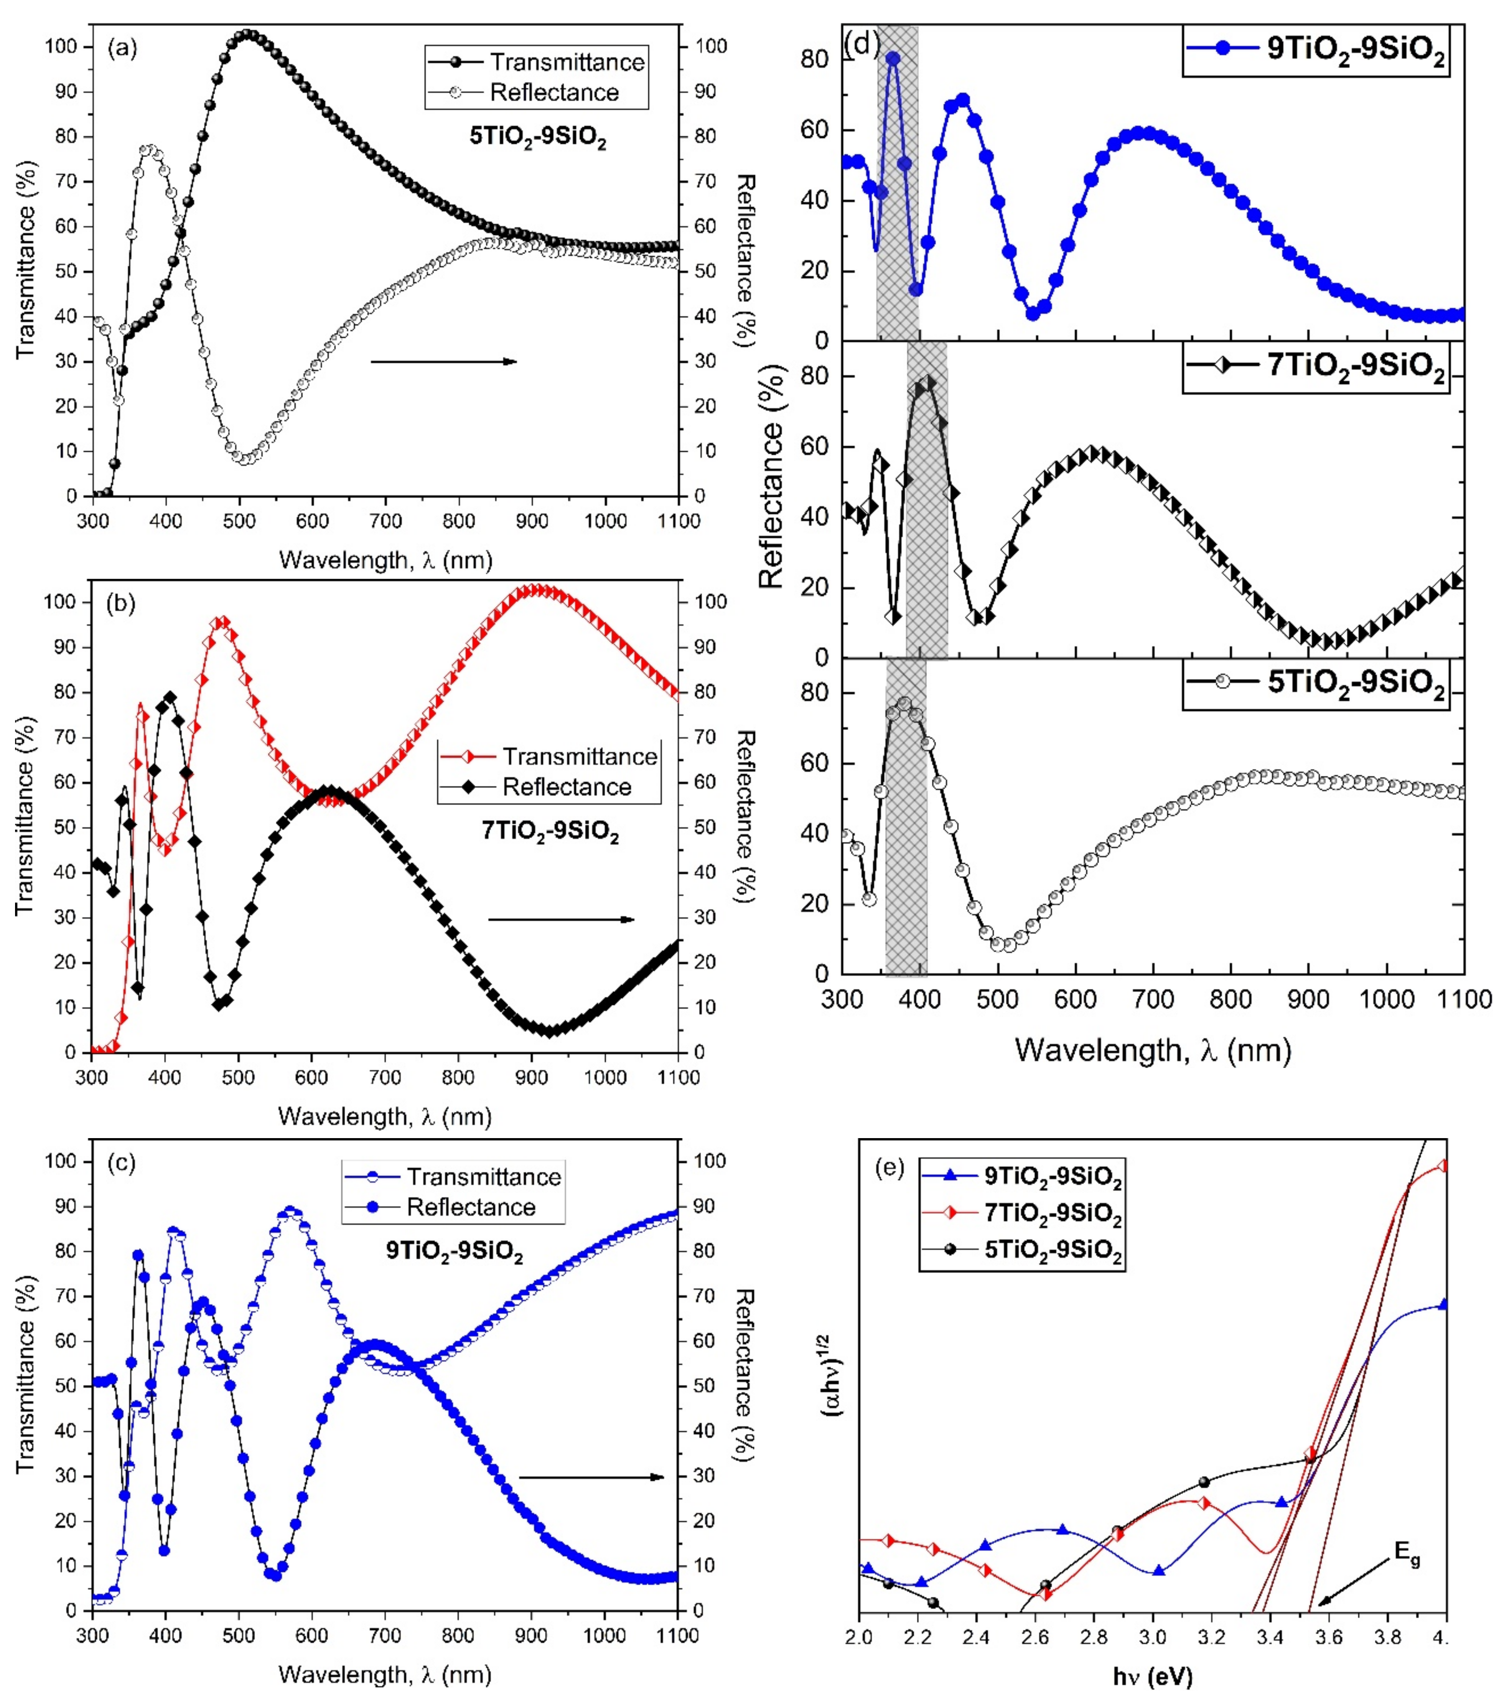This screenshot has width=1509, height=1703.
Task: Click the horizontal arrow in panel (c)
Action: coord(592,1477)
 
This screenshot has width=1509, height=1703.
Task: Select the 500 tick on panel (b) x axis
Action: coord(238,1077)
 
